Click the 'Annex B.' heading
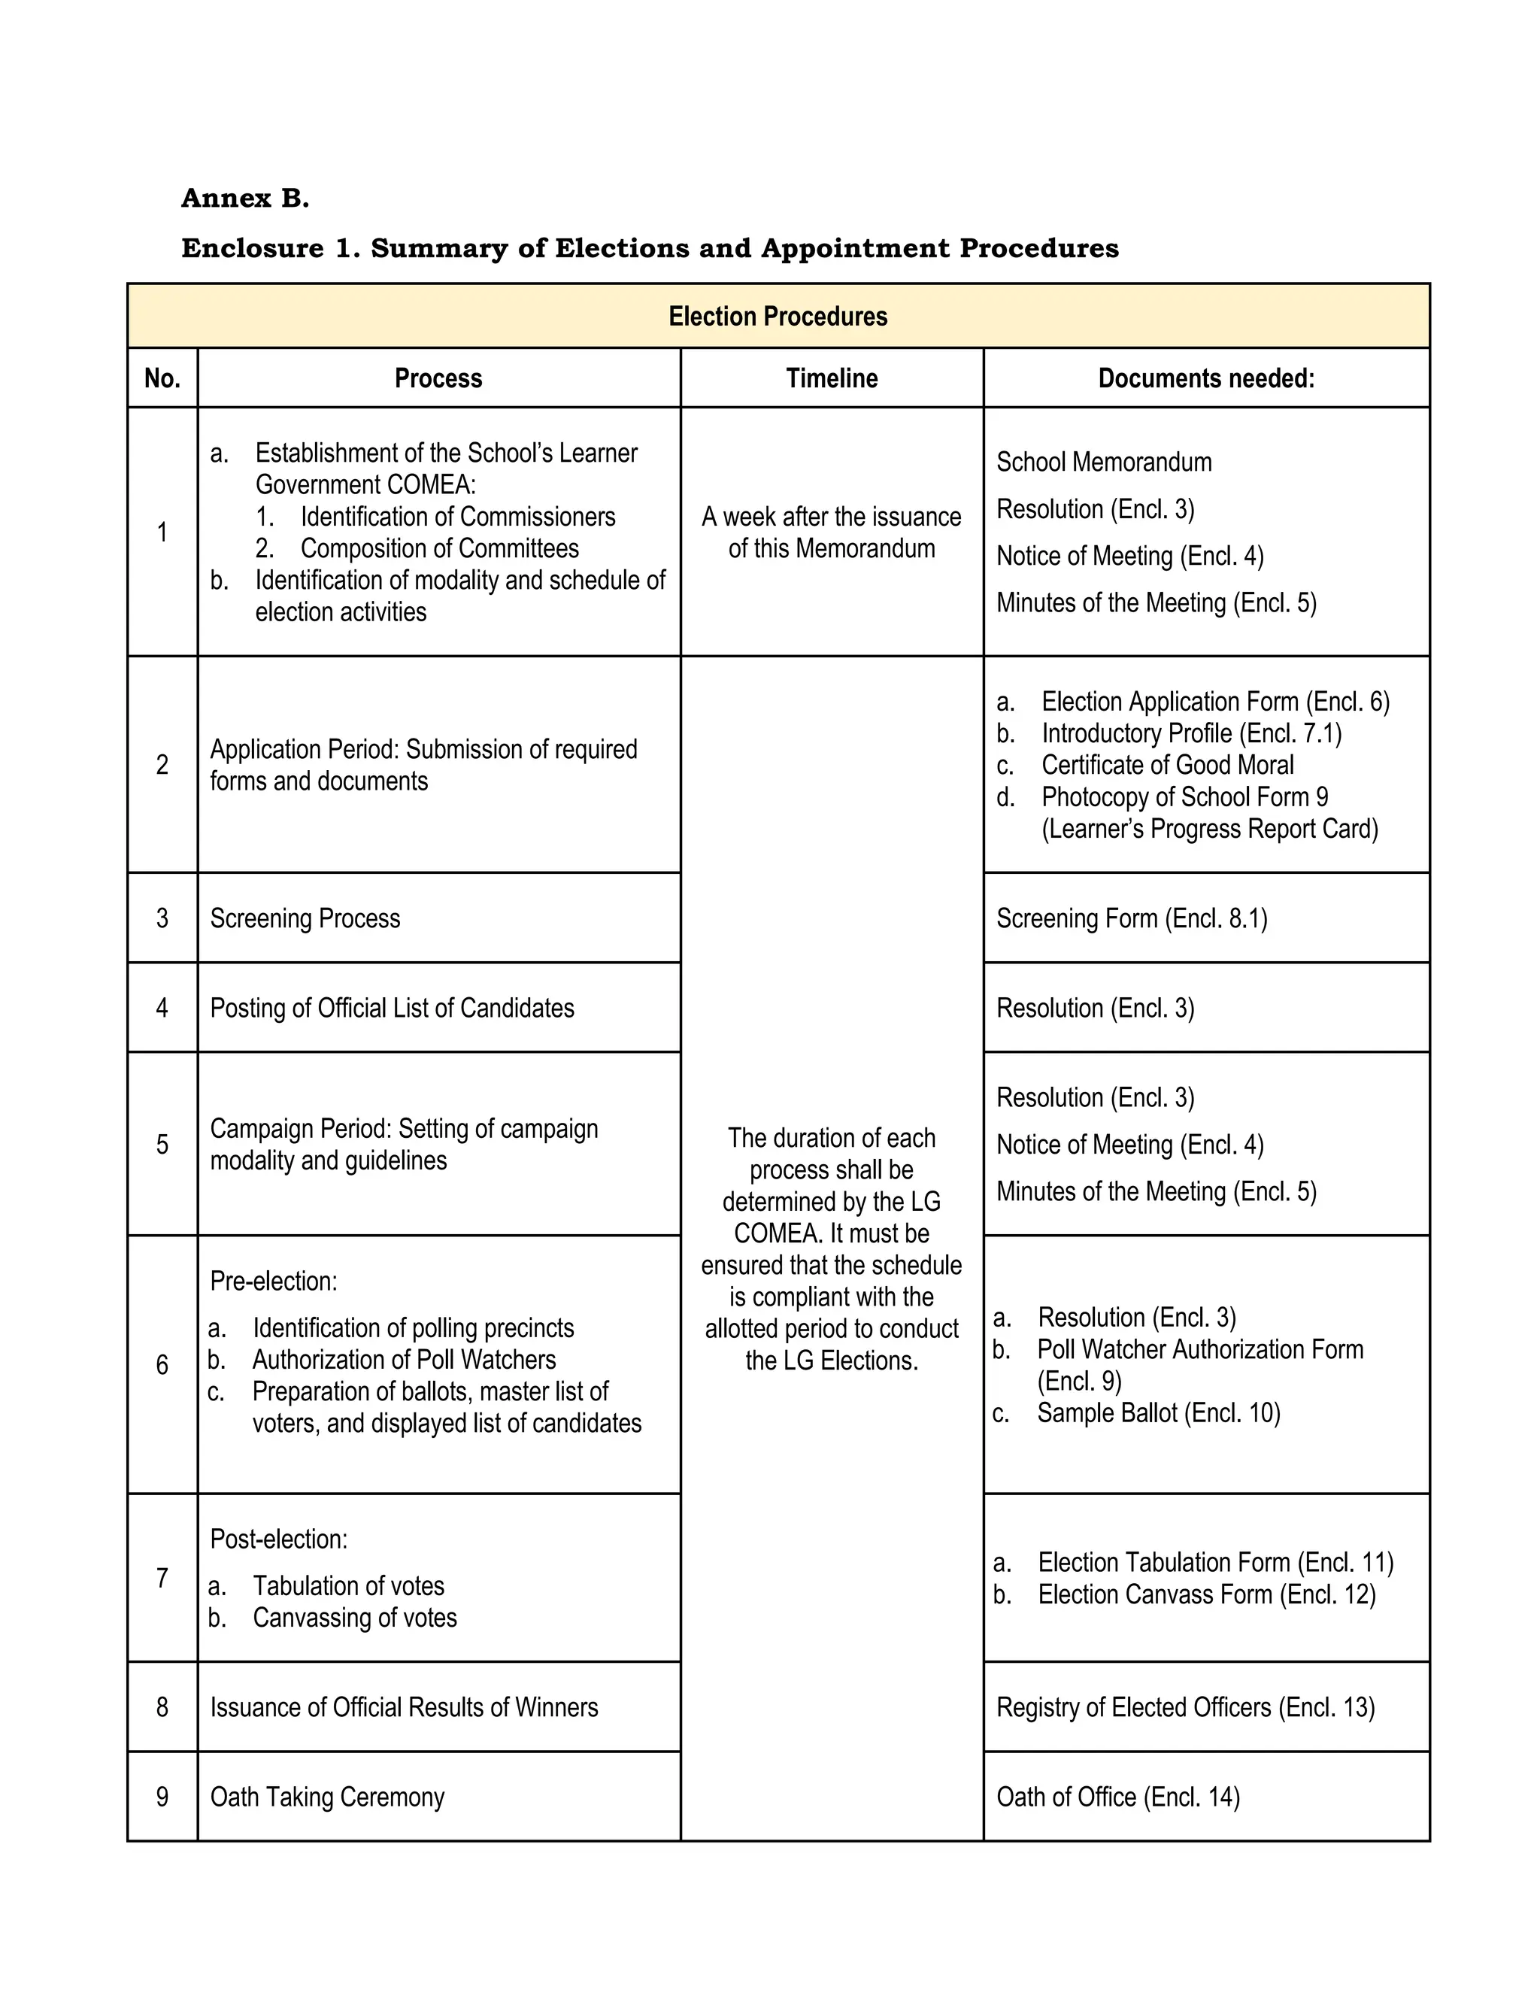(x=245, y=198)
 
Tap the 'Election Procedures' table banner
(x=778, y=317)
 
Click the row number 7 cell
(x=162, y=1578)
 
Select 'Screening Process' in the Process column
(x=305, y=918)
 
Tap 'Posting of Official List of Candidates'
(x=393, y=1008)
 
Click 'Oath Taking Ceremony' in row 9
(x=328, y=1797)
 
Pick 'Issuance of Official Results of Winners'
(x=404, y=1707)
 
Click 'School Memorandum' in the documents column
(x=1104, y=462)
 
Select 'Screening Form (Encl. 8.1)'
(x=1131, y=918)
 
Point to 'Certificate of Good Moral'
(x=1167, y=765)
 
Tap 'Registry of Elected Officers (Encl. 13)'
(x=1185, y=1707)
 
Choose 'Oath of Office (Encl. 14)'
(x=1117, y=1797)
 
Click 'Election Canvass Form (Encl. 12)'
(x=1206, y=1594)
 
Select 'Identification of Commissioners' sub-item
(x=457, y=517)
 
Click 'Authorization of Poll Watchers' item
(x=403, y=1360)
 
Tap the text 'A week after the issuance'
(x=831, y=517)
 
